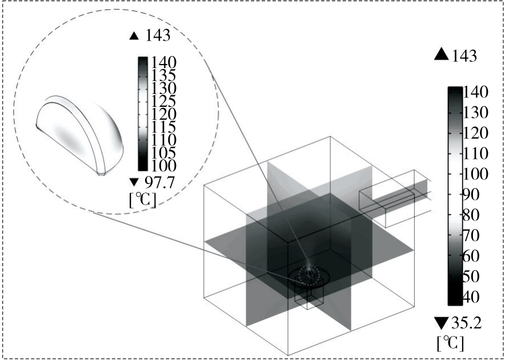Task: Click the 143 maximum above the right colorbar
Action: tap(464, 55)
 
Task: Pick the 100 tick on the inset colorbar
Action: tap(163, 165)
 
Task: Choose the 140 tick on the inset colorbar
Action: tap(163, 63)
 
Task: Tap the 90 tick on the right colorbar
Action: tap(473, 195)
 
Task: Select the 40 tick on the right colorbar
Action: tap(473, 297)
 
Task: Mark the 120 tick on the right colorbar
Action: tap(474, 134)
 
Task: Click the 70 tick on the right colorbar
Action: tap(473, 235)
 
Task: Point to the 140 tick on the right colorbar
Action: tap(474, 92)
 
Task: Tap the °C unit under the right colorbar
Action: tap(450, 343)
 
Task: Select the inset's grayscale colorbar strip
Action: tap(143, 113)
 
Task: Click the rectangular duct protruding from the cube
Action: tap(394, 199)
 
